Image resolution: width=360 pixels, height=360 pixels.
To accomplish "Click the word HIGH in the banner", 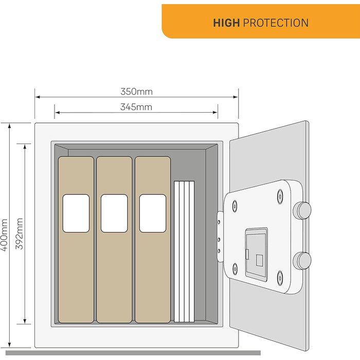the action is point(226,23).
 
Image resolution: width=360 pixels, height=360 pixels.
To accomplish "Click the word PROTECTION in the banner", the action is point(276,23).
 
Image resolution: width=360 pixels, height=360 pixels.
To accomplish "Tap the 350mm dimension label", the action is point(137,92).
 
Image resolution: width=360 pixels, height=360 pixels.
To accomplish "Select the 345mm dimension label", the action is point(136,107).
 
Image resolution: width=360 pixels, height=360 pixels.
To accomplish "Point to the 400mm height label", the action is point(5,235).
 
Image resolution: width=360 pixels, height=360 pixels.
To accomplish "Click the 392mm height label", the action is point(19,233).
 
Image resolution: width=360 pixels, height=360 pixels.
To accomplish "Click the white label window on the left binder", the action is point(76,213).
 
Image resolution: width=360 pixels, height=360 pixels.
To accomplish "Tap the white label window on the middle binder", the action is point(114,213).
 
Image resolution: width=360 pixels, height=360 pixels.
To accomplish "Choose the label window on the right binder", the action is point(153,213).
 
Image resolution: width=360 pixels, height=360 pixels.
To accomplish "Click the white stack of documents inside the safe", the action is point(184,251).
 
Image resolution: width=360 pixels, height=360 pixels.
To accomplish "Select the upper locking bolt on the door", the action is point(302,210).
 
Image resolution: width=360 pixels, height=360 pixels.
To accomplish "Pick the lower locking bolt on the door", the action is point(302,261).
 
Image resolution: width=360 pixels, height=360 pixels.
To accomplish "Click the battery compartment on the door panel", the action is point(257,254).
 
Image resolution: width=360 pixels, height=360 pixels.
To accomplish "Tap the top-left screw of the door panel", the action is point(235,206).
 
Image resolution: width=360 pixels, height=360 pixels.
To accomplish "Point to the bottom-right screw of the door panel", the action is point(280,278).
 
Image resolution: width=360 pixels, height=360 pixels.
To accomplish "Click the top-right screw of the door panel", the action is point(280,196).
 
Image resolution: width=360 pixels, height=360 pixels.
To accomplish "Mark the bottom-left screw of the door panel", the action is point(235,269).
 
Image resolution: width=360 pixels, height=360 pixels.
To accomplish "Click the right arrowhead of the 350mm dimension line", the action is point(236,97).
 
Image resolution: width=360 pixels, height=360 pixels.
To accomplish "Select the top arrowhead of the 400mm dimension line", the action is point(9,125).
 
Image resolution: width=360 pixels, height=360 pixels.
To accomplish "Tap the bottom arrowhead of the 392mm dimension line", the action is point(25,321).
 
